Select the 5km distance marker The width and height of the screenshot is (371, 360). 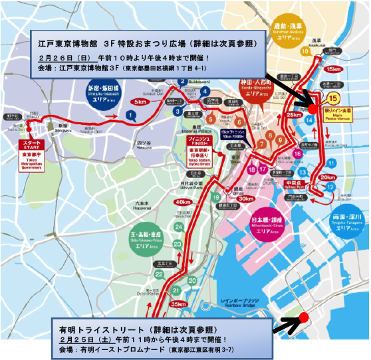click(140, 102)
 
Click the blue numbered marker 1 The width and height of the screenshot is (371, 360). click(131, 115)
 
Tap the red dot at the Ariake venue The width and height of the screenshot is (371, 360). click(303, 317)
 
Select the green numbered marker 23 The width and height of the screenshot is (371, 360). click(178, 244)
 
